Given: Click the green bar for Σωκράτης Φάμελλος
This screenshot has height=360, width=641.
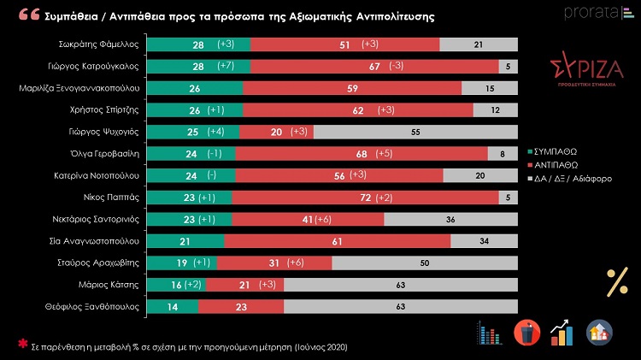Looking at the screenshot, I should pyautogui.click(x=198, y=44).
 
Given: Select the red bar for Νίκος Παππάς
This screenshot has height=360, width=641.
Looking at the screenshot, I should pyautogui.click(x=366, y=198).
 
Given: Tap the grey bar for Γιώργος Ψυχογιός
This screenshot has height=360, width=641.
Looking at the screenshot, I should pyautogui.click(x=415, y=132).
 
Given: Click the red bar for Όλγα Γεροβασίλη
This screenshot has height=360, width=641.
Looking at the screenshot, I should pyautogui.click(x=361, y=154).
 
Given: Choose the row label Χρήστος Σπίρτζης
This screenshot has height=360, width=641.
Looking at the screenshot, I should pyautogui.click(x=106, y=109).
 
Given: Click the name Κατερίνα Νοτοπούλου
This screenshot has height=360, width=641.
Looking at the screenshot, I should pyautogui.click(x=99, y=175).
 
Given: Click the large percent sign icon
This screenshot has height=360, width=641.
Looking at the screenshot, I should pyautogui.click(x=616, y=281).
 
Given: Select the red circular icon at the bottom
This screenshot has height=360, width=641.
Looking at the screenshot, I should pyautogui.click(x=526, y=332).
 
